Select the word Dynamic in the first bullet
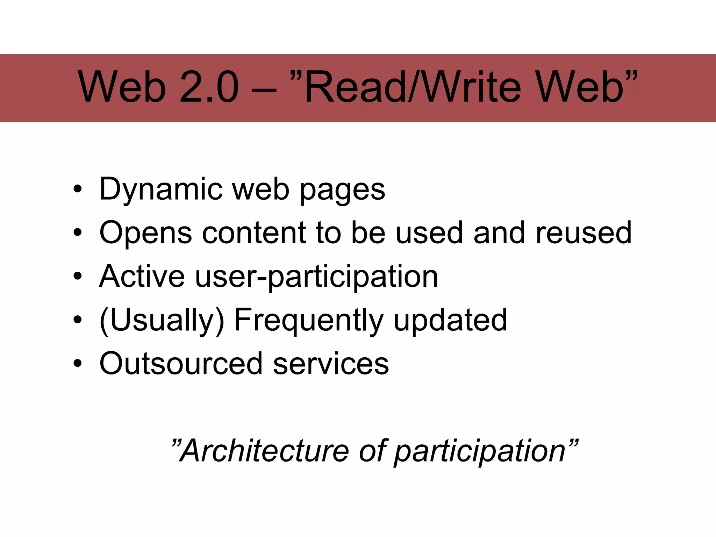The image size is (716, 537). pos(161,189)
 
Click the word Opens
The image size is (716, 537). pos(145,233)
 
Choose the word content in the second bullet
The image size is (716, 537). pos(254,233)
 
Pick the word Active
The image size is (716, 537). pos(142,277)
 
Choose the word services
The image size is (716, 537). pos(331,364)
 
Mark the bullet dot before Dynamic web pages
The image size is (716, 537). pos(78,189)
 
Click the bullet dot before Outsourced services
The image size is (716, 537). pos(78,364)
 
